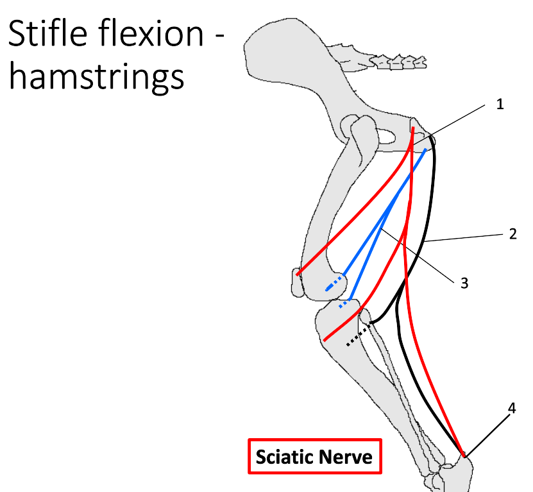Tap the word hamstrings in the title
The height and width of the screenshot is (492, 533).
[x=96, y=76]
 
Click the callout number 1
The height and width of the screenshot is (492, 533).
[x=500, y=104]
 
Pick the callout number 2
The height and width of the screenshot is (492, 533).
[x=512, y=234]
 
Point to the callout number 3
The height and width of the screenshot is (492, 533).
[x=464, y=282]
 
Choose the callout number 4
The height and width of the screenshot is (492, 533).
[x=511, y=407]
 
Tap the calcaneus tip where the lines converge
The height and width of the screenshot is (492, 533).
[x=463, y=455]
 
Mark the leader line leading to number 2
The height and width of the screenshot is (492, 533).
[x=462, y=238]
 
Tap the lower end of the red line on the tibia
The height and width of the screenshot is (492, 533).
[x=326, y=339]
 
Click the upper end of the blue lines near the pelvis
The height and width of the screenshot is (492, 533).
[x=425, y=151]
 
